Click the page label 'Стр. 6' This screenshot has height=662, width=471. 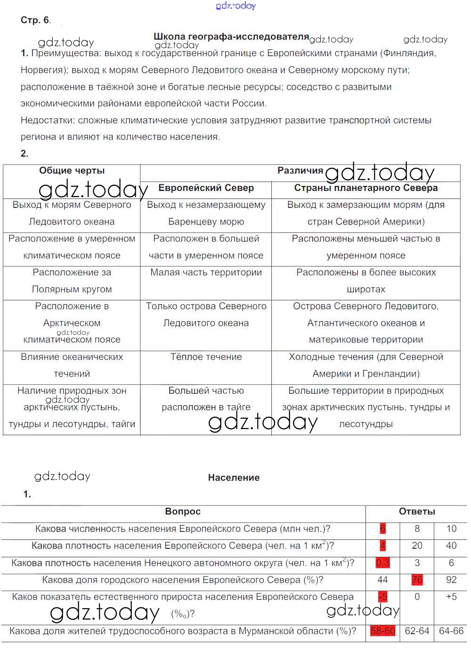[35, 20]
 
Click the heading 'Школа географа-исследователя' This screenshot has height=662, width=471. [231, 36]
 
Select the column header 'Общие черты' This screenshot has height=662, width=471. [72, 171]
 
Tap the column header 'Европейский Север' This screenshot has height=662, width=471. [206, 188]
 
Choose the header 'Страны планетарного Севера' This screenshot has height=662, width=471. [365, 188]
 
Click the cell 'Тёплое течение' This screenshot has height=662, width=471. [206, 357]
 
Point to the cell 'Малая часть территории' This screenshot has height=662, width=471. [206, 273]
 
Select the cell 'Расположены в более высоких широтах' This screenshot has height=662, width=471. [365, 281]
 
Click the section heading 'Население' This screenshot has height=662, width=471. [234, 478]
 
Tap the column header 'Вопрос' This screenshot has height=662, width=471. [183, 512]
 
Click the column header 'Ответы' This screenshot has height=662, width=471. [417, 512]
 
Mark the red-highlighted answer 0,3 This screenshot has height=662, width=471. [382, 563]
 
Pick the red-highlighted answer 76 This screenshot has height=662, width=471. [417, 580]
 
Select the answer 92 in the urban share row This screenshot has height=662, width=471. [451, 580]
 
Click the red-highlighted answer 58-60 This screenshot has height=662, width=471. [382, 631]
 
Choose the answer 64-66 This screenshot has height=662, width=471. [451, 631]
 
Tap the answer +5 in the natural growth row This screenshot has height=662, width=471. [451, 597]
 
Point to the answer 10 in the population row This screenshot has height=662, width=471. [451, 529]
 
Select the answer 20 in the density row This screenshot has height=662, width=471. [417, 546]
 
